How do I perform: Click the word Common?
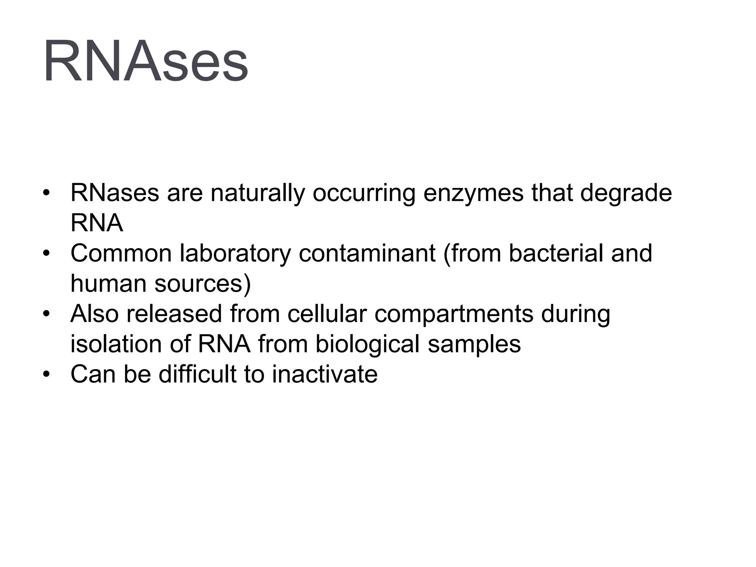pyautogui.click(x=121, y=254)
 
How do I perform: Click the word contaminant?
pyautogui.click(x=367, y=254)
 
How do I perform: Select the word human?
pyautogui.click(x=109, y=284)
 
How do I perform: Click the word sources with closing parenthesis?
pyautogui.click(x=203, y=284)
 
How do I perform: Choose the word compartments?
pyautogui.click(x=454, y=314)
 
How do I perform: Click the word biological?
pyautogui.click(x=367, y=344)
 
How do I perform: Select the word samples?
pyautogui.click(x=474, y=344)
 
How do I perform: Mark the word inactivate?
pyautogui.click(x=324, y=374)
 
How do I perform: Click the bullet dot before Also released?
pyautogui.click(x=46, y=315)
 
